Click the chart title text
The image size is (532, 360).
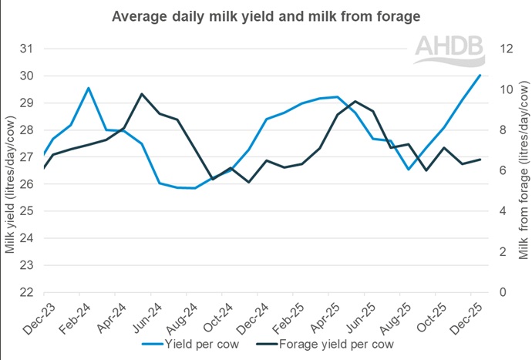[x=265, y=15]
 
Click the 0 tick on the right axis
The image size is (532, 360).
[x=502, y=293]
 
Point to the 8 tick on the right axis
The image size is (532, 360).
[x=502, y=130]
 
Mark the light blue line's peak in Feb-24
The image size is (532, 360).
[x=89, y=88]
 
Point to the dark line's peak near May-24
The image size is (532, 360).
[x=142, y=94]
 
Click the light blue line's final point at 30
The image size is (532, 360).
[x=480, y=75]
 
